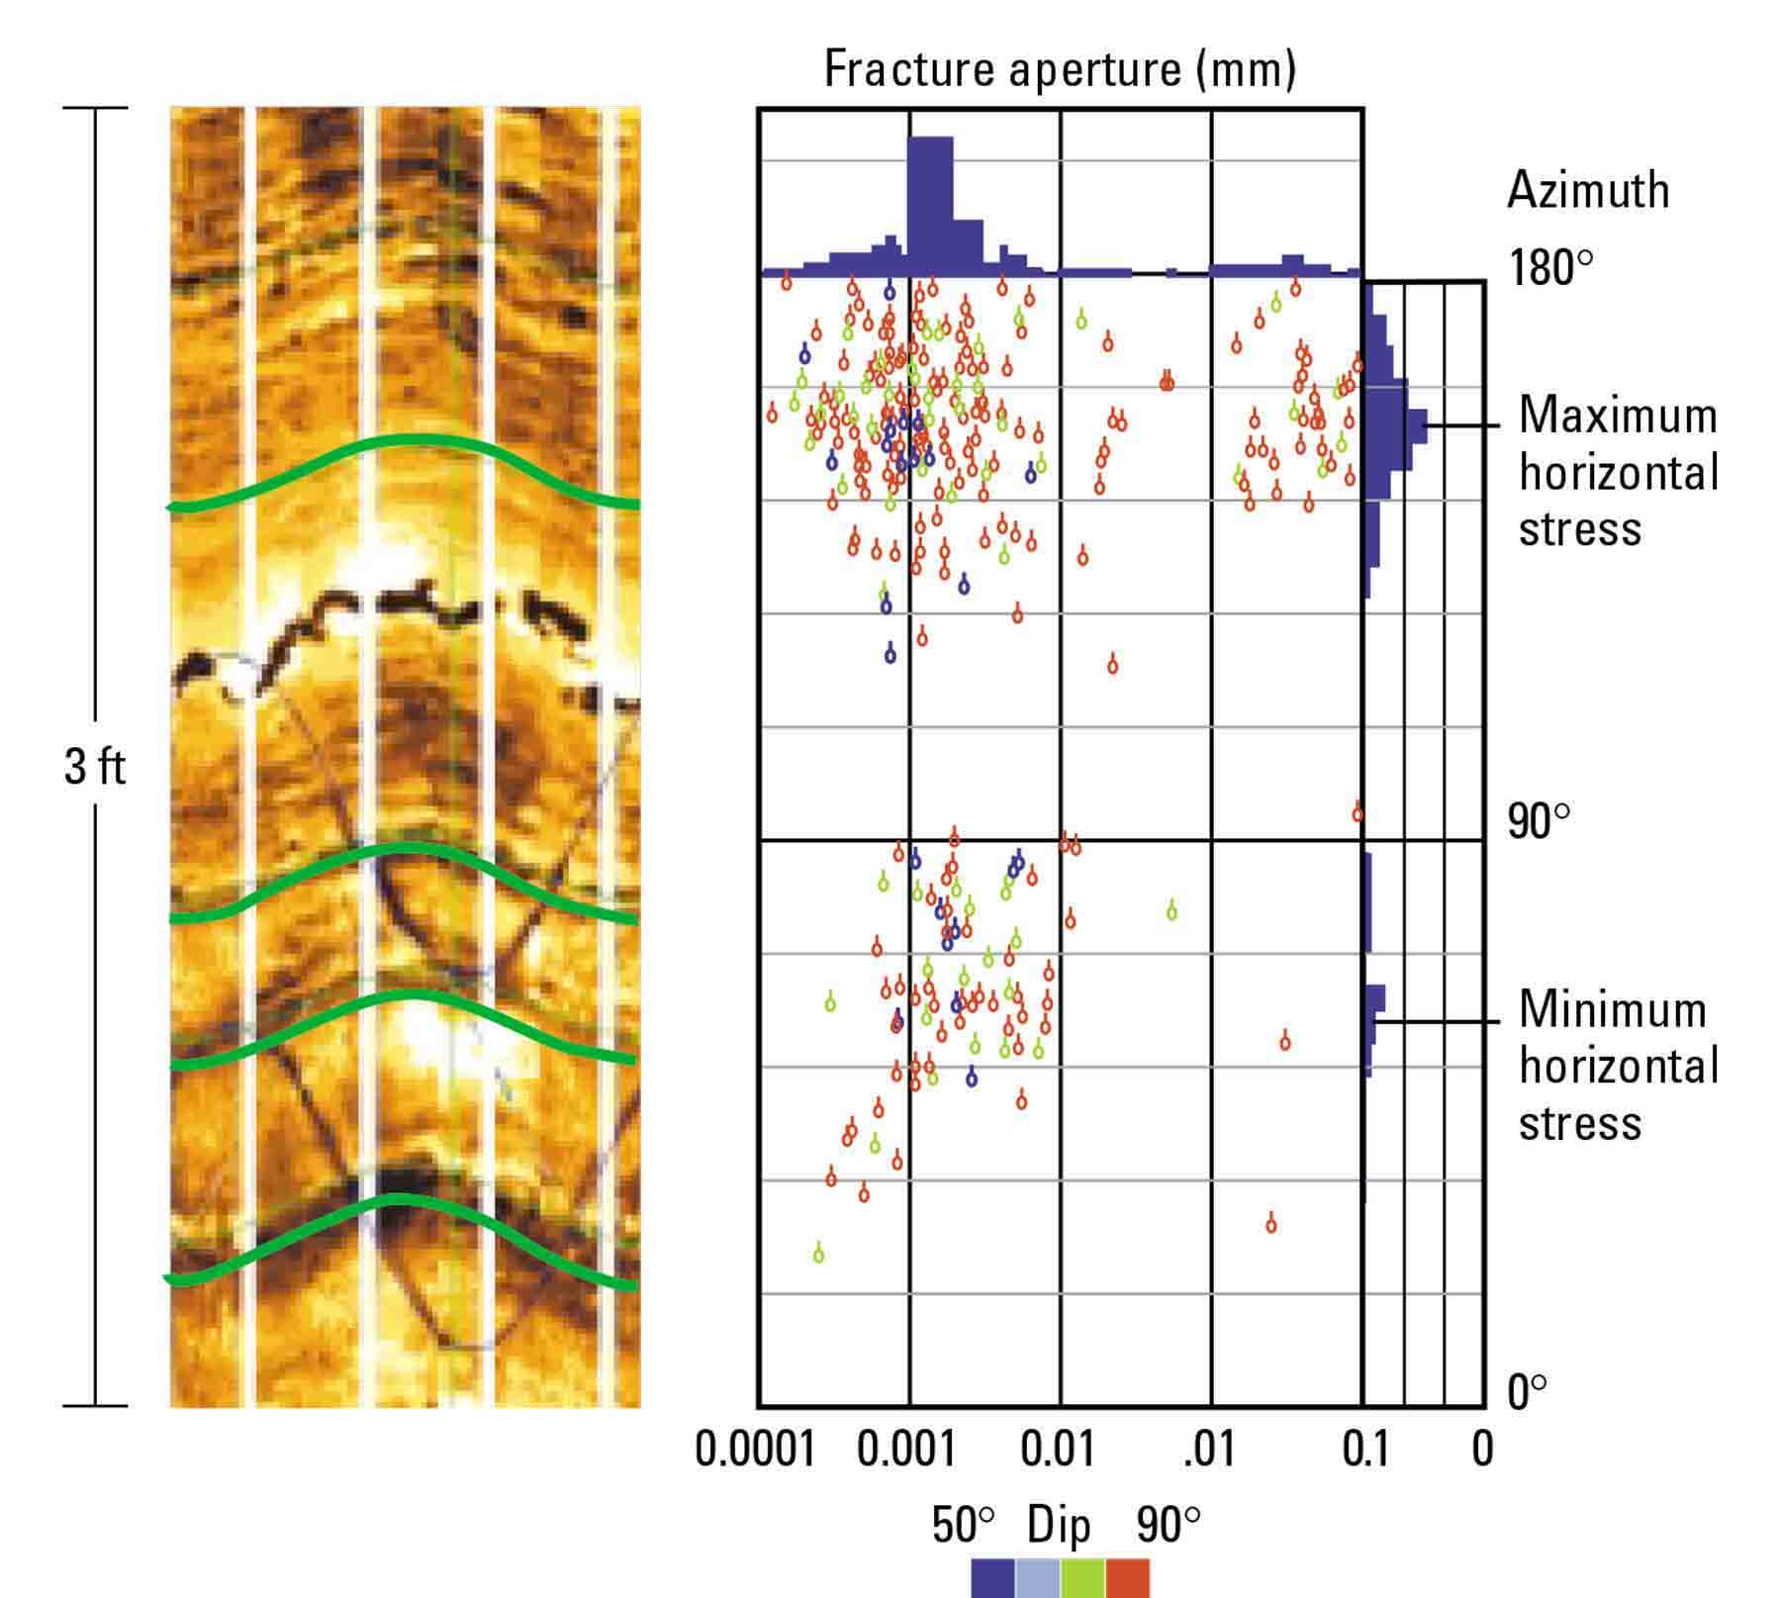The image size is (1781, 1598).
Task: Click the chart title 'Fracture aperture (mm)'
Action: point(1059,69)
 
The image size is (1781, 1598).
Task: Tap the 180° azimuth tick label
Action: point(1549,268)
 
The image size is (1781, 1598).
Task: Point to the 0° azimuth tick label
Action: point(1526,1393)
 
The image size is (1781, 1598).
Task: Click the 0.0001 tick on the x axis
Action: point(755,1450)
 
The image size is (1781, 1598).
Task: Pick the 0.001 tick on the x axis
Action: point(906,1450)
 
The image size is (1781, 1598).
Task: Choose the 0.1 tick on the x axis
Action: point(1365,1450)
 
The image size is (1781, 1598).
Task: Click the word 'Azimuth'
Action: point(1587,190)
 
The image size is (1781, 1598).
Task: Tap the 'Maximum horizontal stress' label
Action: point(1618,472)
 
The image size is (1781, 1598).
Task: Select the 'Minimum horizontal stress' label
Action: point(1618,1067)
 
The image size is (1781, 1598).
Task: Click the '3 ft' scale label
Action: point(94,767)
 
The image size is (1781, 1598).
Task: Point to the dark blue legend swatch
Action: point(992,1578)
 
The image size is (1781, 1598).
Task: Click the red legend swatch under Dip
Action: point(1128,1578)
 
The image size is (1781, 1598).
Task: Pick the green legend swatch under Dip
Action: point(1082,1578)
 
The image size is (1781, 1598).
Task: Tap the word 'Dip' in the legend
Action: point(1059,1525)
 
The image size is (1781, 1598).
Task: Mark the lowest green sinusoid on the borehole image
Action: point(400,1201)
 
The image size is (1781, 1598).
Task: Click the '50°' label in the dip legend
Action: point(963,1525)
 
